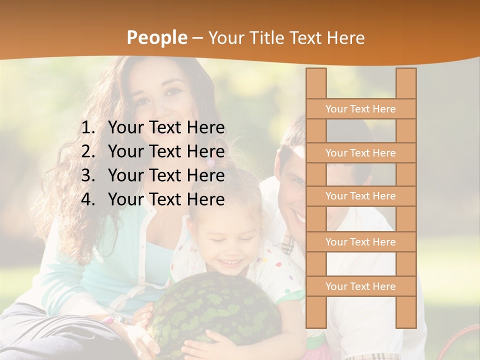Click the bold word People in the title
157,37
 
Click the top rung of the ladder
360,109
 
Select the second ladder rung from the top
360,153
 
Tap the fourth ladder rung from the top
360,242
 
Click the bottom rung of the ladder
360,286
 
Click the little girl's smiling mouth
231,262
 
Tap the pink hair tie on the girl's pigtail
211,163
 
